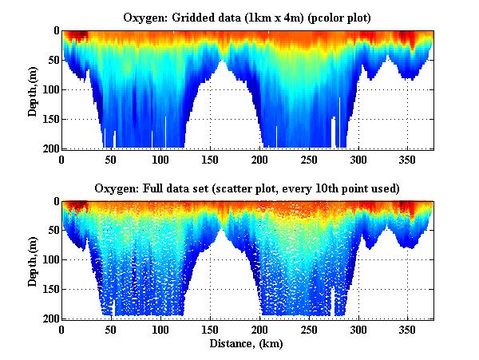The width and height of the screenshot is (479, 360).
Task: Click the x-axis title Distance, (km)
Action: tap(247, 343)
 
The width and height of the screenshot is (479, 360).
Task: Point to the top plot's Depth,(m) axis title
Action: tap(33, 89)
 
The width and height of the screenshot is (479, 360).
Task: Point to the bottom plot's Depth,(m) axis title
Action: tap(33, 260)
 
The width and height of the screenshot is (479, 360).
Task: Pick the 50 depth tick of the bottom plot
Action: tap(51, 231)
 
